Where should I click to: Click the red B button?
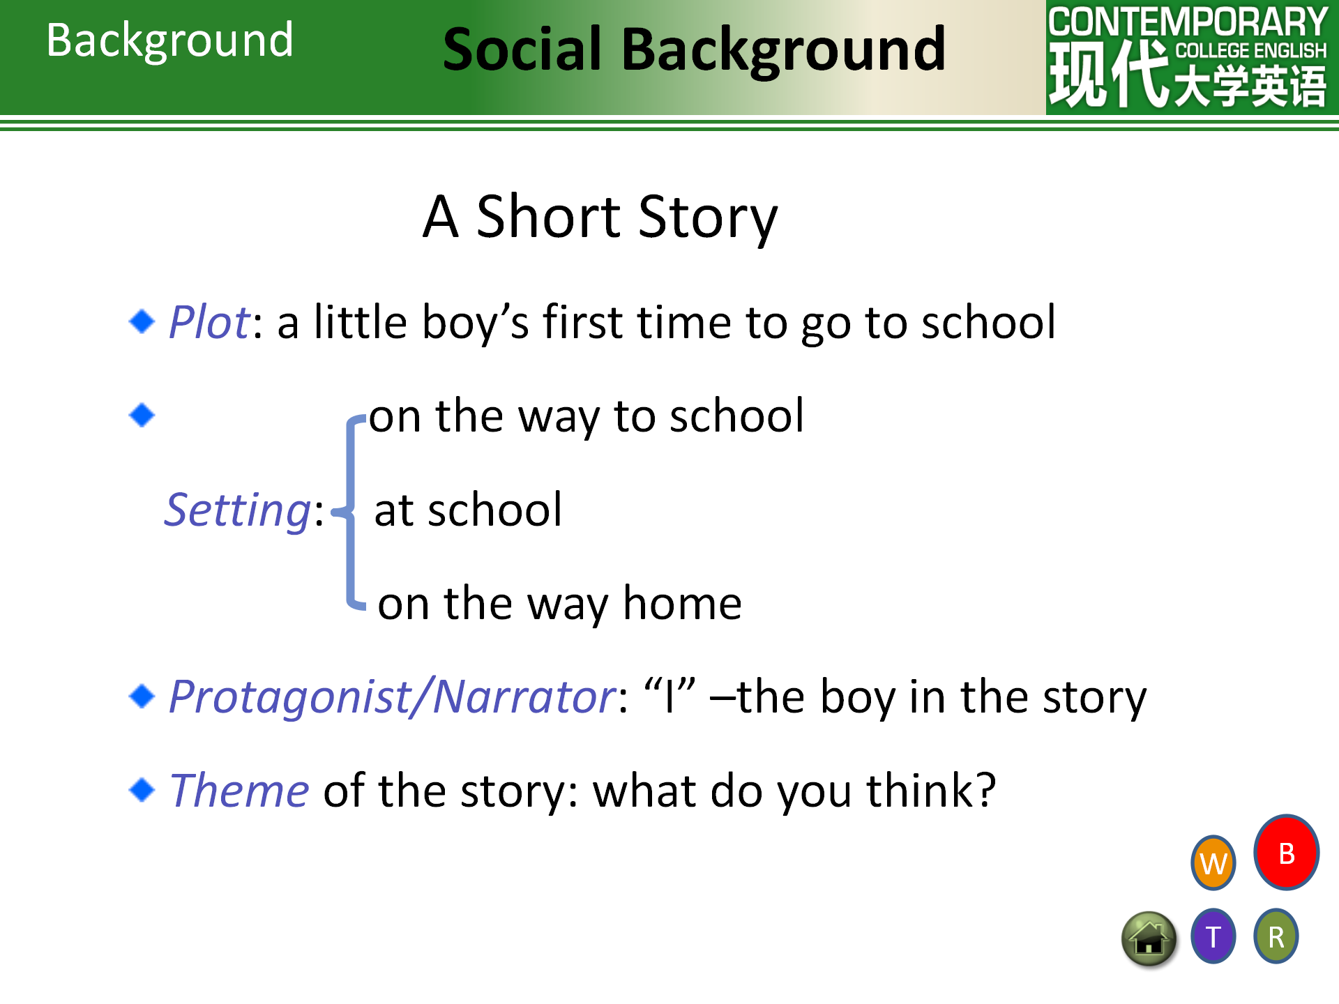coord(1286,852)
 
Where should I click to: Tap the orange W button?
coord(1213,863)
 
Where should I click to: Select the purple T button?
coord(1213,936)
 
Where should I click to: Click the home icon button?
coord(1149,940)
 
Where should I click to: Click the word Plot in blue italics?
coord(209,322)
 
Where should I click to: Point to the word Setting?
coord(238,510)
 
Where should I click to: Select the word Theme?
coord(239,791)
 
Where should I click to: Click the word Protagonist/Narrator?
coord(393,697)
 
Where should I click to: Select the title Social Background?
coord(695,50)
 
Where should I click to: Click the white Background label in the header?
coord(169,40)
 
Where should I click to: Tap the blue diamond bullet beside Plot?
coord(142,321)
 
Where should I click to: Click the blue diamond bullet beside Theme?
coord(142,790)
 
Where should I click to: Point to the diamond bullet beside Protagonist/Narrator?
coord(142,696)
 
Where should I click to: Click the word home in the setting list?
coord(682,603)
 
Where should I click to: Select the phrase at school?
coord(468,510)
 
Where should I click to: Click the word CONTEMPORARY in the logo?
coord(1188,22)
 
